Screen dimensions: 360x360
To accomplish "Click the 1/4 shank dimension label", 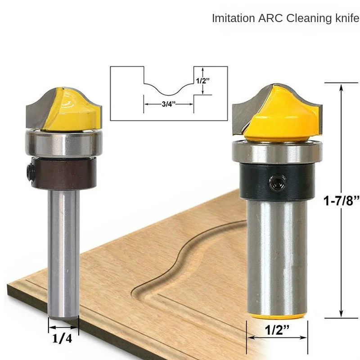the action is coord(62,338).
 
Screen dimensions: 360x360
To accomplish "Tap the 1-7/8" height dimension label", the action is coord(342,200).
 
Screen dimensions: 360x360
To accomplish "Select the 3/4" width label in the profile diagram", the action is coord(168,104).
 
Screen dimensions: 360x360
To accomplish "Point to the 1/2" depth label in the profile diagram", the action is coord(203,81).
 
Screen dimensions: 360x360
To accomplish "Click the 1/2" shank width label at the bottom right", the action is coord(277,330).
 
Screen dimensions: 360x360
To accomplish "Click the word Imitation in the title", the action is coord(233,18).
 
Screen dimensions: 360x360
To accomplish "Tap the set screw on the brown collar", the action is coord(29,172).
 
